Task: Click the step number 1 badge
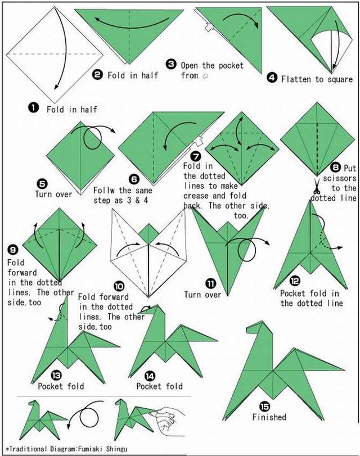(33, 107)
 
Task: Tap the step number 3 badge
(171, 64)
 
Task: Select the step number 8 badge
(335, 167)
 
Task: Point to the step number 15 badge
(264, 407)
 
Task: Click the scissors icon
(317, 186)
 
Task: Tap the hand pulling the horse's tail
(168, 420)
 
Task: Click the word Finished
(269, 417)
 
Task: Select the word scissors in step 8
(339, 178)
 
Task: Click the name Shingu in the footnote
(116, 449)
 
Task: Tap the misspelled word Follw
(103, 191)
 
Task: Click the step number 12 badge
(295, 281)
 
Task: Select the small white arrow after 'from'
(205, 76)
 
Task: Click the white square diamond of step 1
(55, 55)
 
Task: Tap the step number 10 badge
(119, 286)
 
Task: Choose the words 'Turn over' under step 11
(202, 295)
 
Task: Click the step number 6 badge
(134, 179)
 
